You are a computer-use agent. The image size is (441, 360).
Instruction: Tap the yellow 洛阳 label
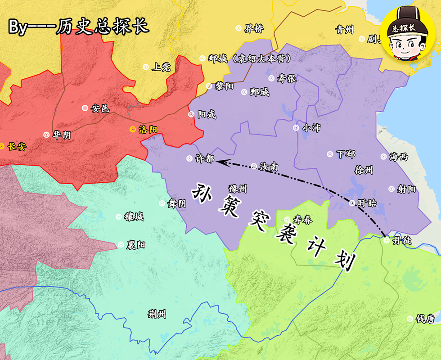[148, 130]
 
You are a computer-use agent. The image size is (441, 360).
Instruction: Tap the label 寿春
[302, 220]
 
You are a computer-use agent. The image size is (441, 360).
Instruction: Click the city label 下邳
[346, 154]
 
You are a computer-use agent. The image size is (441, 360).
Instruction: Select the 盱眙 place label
[367, 203]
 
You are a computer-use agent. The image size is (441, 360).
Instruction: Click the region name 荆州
[157, 314]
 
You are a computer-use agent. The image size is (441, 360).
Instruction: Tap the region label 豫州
[238, 189]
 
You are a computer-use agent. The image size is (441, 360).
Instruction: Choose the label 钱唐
[425, 319]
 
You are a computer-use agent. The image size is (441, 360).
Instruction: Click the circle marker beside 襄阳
[121, 245]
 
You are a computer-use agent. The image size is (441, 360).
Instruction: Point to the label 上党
[161, 67]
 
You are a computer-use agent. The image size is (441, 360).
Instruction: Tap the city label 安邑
[100, 108]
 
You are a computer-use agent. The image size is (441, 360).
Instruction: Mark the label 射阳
[406, 189]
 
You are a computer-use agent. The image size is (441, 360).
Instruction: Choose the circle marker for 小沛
[296, 128]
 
